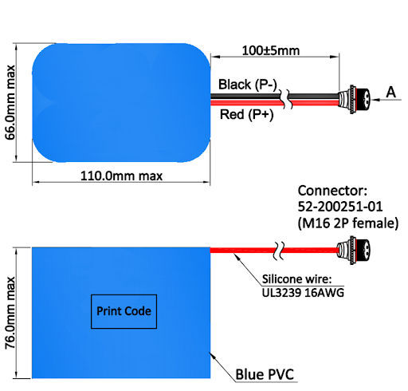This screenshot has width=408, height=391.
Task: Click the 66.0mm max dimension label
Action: (x=10, y=102)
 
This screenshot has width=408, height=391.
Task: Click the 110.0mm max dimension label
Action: (x=121, y=176)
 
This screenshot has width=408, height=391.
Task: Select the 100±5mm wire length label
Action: (x=271, y=50)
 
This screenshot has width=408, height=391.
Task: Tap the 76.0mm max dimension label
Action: (x=10, y=313)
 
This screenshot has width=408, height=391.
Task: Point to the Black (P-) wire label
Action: (x=248, y=85)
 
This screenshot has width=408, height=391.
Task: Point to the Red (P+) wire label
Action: (x=247, y=115)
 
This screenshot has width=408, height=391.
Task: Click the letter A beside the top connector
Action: (x=391, y=93)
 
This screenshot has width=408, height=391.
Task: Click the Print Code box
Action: (x=124, y=311)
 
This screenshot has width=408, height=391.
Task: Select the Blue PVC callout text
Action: (x=265, y=374)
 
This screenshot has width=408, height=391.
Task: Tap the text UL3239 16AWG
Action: (x=303, y=293)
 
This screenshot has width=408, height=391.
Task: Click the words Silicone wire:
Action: (x=297, y=279)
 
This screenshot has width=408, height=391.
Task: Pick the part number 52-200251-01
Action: (x=340, y=207)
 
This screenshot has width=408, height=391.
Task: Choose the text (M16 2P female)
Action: (x=348, y=223)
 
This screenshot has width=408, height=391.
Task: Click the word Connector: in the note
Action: (x=332, y=191)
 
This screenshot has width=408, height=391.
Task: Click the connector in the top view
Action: (x=354, y=100)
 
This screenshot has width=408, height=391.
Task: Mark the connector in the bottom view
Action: (x=353, y=250)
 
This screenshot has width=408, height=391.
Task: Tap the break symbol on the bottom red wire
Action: (x=279, y=251)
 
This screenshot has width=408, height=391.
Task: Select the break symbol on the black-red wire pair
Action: (x=287, y=99)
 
